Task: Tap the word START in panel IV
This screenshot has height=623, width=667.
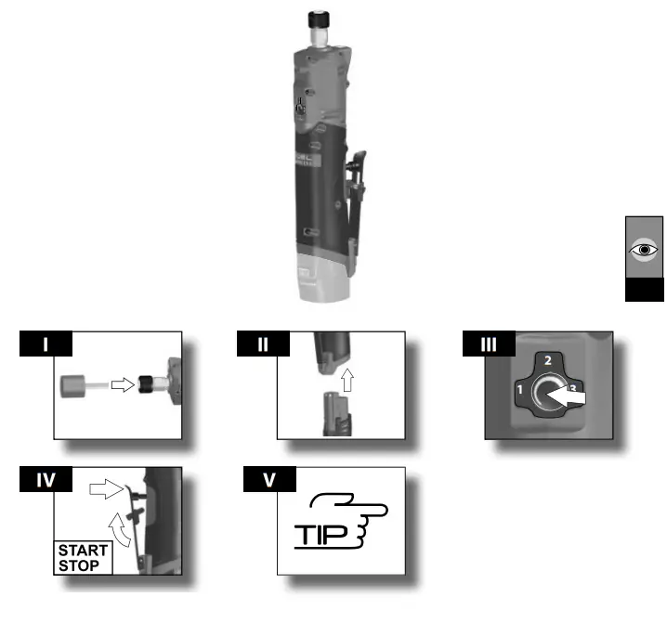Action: click(x=84, y=551)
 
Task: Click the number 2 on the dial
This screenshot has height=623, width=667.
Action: click(x=548, y=359)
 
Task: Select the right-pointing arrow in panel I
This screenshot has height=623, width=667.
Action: click(x=123, y=383)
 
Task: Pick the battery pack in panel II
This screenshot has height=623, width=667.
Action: click(x=335, y=413)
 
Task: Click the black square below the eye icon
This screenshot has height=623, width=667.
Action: click(x=643, y=292)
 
